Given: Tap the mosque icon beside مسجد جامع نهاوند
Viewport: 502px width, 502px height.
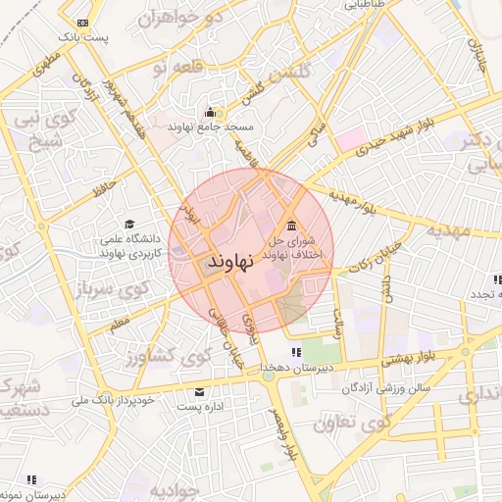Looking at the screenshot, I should tap(211, 112).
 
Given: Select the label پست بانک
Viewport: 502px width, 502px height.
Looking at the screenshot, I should tap(81, 36).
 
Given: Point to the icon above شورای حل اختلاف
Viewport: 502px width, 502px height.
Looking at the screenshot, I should tap(291, 219).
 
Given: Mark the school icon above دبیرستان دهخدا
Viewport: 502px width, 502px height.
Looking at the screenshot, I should tap(295, 352).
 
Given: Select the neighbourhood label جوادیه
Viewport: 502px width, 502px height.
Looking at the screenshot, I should tap(146, 488).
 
